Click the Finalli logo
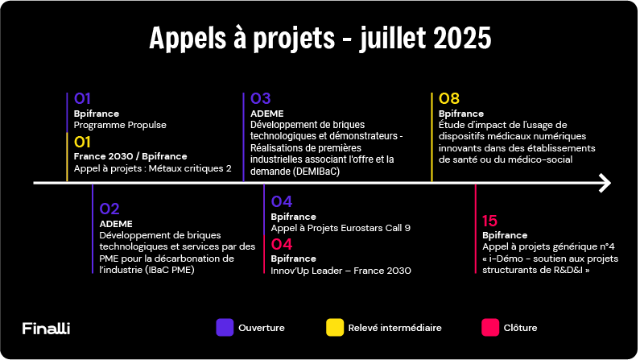pyautogui.click(x=46, y=328)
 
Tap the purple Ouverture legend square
pyautogui.click(x=225, y=327)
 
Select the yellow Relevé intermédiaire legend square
pyautogui.click(x=335, y=327)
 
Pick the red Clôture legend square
pyautogui.click(x=490, y=327)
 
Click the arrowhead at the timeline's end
pyautogui.click(x=605, y=183)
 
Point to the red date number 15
pyautogui.click(x=489, y=221)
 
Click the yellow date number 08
pyautogui.click(x=449, y=98)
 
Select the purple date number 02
pyautogui.click(x=109, y=209)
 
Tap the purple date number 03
pyautogui.click(x=260, y=98)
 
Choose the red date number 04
pyautogui.click(x=282, y=244)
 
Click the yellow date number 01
pyautogui.click(x=82, y=142)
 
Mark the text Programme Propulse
pyautogui.click(x=120, y=125)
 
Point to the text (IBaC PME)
pyautogui.click(x=169, y=270)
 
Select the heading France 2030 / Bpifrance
pyautogui.click(x=130, y=156)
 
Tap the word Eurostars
pyautogui.click(x=362, y=228)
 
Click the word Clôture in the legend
pyautogui.click(x=520, y=328)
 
